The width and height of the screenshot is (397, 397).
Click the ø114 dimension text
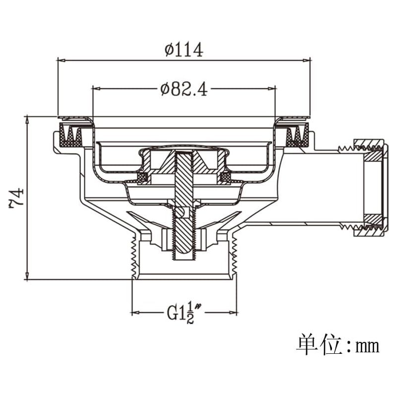pos(184,50)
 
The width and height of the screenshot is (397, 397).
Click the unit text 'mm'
pos(367,346)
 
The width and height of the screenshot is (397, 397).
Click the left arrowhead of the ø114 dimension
pos(62,60)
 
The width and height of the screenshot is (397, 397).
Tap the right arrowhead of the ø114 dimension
pos(306,60)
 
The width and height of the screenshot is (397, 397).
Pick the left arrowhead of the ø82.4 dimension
pos(97,89)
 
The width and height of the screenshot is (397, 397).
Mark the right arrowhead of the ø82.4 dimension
pos(271,89)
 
